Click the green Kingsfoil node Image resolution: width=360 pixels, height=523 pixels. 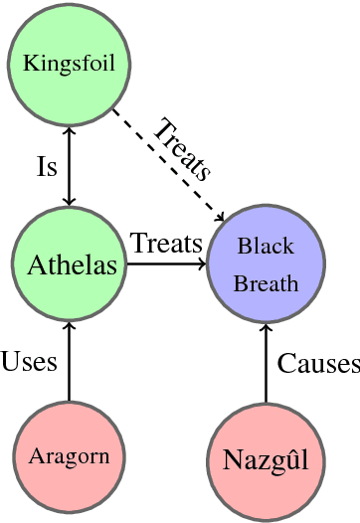tap(69, 65)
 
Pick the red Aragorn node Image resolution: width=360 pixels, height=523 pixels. tap(69, 457)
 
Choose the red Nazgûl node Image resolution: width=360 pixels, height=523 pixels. tap(266, 459)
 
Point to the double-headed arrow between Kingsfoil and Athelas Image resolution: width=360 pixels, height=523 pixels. tap(69, 164)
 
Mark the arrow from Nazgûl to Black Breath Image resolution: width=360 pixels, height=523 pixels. tap(266, 363)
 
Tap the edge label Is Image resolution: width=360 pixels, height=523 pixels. tap(46, 166)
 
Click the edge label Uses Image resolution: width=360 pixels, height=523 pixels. tap(29, 361)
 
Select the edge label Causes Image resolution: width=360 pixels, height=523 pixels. tap(317, 364)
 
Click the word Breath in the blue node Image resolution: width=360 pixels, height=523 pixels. tap(266, 283)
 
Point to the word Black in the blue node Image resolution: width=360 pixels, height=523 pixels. tap(266, 246)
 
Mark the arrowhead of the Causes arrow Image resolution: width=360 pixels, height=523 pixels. tap(266, 329)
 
